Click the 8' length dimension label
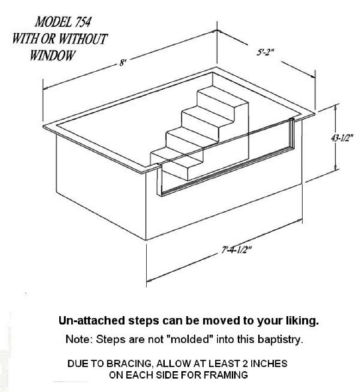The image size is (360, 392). tap(122, 62)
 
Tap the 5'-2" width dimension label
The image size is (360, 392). tap(266, 53)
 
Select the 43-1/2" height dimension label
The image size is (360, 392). tap(342, 138)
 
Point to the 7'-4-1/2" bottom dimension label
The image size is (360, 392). tap(236, 250)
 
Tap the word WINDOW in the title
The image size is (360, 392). tap(53, 55)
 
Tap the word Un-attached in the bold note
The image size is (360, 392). tap(93, 320)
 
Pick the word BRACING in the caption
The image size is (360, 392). tap(128, 363)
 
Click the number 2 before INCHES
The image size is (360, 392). tap(245, 363)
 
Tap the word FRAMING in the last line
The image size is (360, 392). tap(225, 375)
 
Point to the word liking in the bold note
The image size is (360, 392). tap(302, 321)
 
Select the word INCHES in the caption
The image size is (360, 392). tap(269, 363)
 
